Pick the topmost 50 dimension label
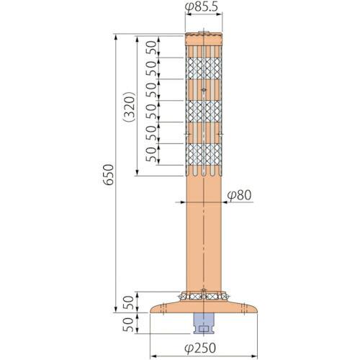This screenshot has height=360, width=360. (x=150, y=48)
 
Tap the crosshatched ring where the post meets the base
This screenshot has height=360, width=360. (x=204, y=294)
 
